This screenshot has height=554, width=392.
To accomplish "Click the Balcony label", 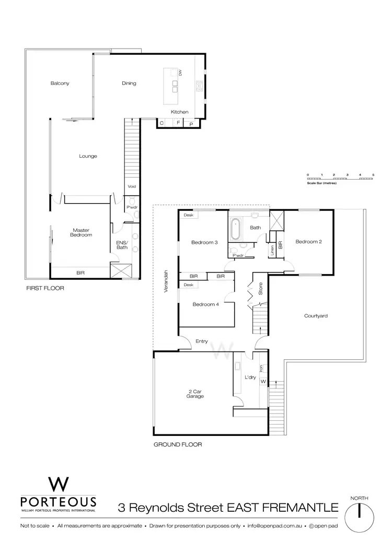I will tap(60, 83).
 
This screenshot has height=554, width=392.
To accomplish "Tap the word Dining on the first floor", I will tap(129, 83).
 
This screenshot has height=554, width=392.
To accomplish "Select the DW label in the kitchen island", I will tap(179, 74).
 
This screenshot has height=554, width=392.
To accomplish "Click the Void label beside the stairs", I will tap(132, 186).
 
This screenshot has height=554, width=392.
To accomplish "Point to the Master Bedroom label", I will tap(82, 232).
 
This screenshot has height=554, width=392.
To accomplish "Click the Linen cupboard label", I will tap(272, 251).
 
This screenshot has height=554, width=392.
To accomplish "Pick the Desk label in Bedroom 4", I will tap(188, 285).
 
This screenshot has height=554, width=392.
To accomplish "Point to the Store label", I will tap(260, 289).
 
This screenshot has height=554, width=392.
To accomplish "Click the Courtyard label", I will tap(315, 316).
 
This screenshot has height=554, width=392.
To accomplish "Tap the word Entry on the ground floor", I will tap(202, 341).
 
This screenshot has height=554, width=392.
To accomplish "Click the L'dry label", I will tap(249, 377).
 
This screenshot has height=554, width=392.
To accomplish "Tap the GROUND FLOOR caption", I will tap(178, 445).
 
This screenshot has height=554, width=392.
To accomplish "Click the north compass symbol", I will tap(360, 512).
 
